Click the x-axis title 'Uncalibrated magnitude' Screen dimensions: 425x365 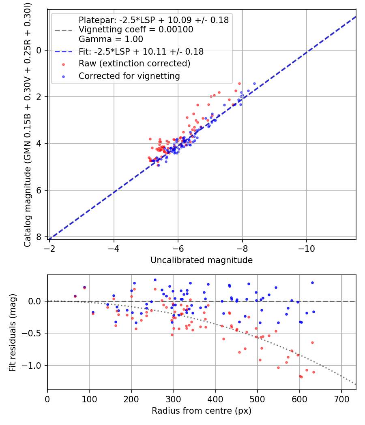[202, 260]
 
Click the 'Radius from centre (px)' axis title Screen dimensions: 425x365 [202, 411]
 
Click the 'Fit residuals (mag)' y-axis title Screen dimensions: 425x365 [13, 333]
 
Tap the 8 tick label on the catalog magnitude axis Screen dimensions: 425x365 [39, 237]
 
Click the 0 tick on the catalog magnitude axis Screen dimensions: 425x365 [39, 50]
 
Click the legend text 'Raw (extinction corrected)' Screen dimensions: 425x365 [134, 64]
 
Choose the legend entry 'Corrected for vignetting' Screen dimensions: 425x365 [129, 76]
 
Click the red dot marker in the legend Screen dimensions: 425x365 [62, 64]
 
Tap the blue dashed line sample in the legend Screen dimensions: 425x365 [62, 52]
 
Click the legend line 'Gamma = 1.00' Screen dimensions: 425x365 [111, 40]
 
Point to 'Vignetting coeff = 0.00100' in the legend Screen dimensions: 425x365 [136, 30]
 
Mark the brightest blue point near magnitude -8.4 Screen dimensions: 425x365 [254, 83]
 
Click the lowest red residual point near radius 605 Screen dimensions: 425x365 [301, 377]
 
